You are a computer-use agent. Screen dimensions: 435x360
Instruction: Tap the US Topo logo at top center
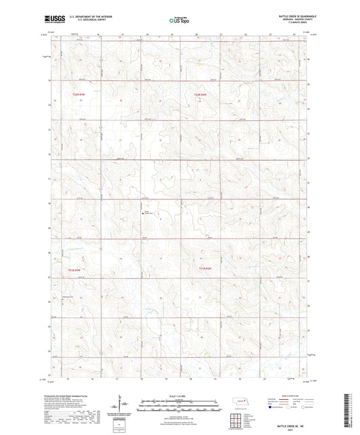(178, 21)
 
